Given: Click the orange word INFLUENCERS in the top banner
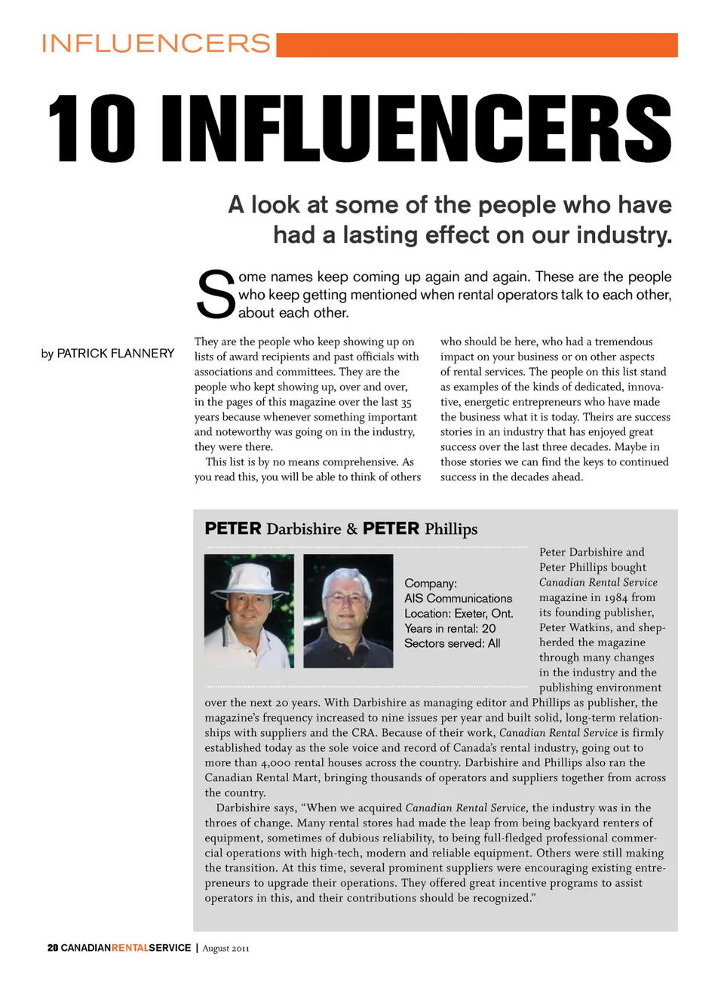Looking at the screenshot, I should coord(155,44).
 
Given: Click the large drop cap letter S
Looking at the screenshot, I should coord(215,295).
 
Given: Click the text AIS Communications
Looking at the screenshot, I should coord(458,599).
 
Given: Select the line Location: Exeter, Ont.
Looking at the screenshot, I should coord(459,614).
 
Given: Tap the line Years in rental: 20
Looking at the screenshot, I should coord(449,629).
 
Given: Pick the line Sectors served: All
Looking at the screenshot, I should coord(452,644).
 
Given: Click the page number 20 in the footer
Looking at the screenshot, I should coord(52,948).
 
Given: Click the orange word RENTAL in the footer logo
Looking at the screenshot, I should coord(130,948).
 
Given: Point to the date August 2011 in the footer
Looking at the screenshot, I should coord(225,949).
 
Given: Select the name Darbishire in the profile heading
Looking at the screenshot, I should coord(303,529).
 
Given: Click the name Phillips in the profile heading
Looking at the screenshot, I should coord(451,529).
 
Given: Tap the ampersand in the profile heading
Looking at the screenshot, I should coord(351,529).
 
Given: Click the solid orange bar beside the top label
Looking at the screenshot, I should coord(477,45).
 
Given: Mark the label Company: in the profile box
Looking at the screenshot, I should coord(431,584).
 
